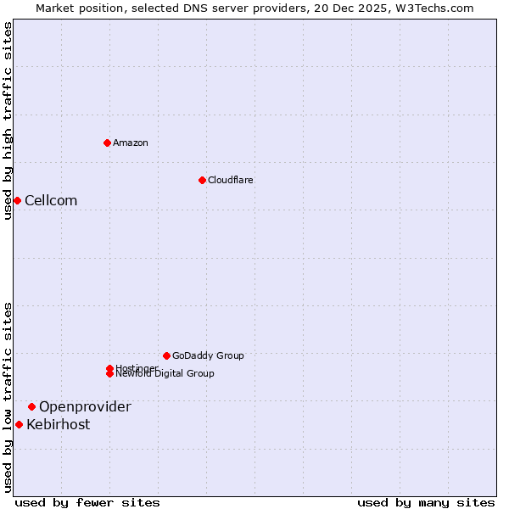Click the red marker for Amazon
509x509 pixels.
(107, 143)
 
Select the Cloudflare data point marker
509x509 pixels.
(202, 180)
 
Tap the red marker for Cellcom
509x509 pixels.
(17, 200)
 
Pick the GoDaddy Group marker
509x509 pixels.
(166, 355)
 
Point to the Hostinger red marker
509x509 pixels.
(109, 368)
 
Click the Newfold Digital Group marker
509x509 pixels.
(109, 374)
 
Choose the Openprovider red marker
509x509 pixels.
(31, 406)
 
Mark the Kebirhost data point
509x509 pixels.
(19, 424)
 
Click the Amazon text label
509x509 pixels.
(131, 143)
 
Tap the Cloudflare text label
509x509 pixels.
(231, 180)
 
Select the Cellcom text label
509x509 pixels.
(51, 200)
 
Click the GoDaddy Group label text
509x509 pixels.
(208, 355)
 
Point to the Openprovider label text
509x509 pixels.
(85, 406)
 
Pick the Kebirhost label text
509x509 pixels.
(58, 424)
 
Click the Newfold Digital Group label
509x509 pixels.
(165, 374)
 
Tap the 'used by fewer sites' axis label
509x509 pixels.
(87, 502)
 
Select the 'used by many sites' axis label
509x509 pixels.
(426, 502)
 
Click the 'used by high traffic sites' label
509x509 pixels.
(8, 120)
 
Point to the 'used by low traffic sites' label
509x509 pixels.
(8, 397)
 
